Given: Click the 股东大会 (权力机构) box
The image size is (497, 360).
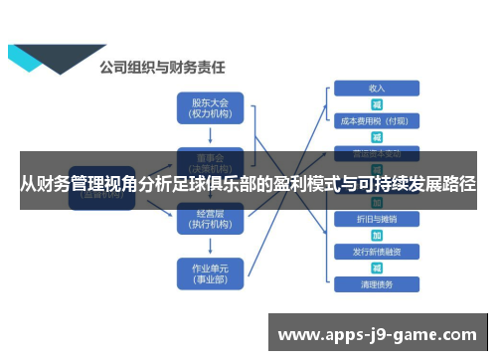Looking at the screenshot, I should [209, 107].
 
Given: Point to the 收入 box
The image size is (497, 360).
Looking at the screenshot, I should [377, 89].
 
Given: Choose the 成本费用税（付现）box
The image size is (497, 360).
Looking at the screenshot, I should [375, 121].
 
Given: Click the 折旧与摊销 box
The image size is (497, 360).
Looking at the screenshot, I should [377, 219].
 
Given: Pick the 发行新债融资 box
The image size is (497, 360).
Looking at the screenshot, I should [377, 252].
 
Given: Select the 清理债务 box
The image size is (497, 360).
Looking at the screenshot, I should [377, 284].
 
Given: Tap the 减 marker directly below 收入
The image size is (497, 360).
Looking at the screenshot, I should [377, 104].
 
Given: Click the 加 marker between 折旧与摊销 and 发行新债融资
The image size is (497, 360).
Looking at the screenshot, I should [377, 236].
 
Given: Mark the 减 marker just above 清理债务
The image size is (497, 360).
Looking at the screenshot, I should [377, 269].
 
